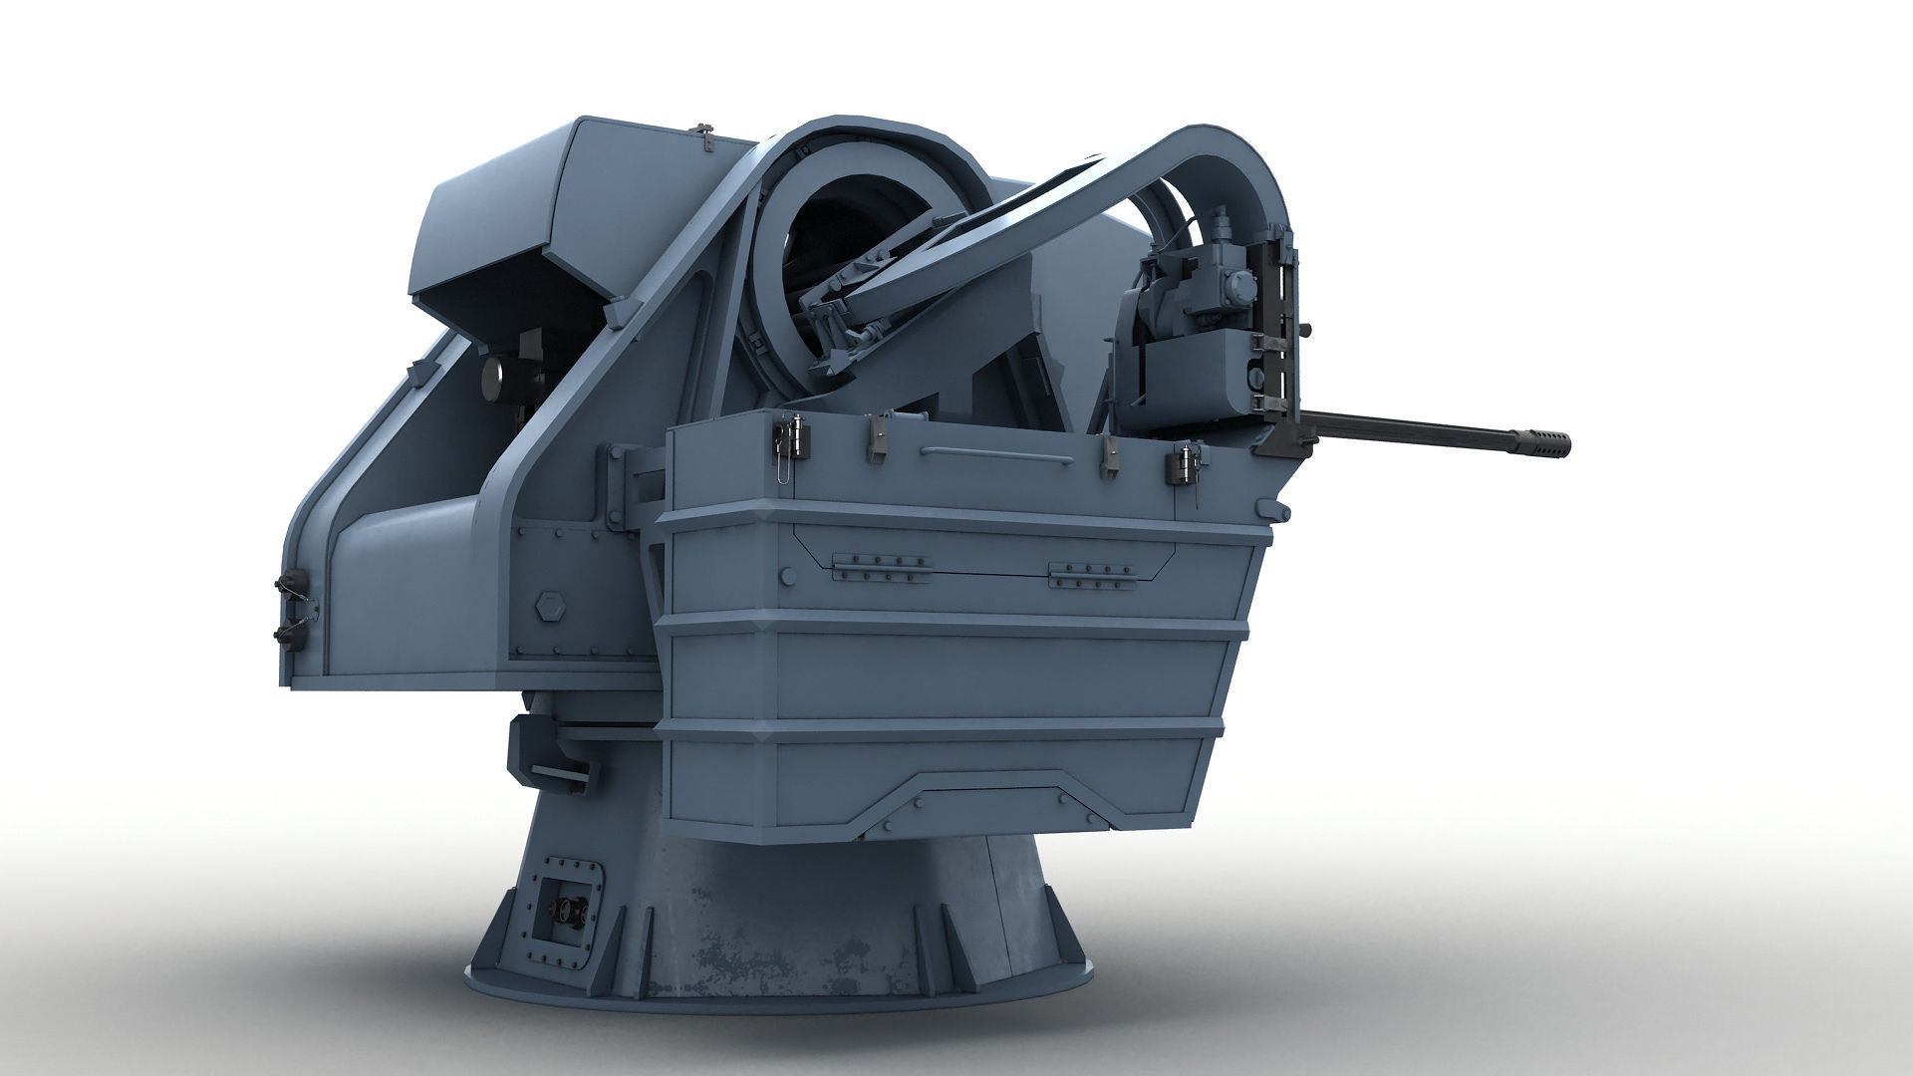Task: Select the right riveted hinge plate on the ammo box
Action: [x=1094, y=574]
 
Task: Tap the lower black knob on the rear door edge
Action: [x=285, y=630]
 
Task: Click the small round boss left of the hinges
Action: [x=789, y=575]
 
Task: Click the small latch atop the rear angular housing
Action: [x=705, y=138]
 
